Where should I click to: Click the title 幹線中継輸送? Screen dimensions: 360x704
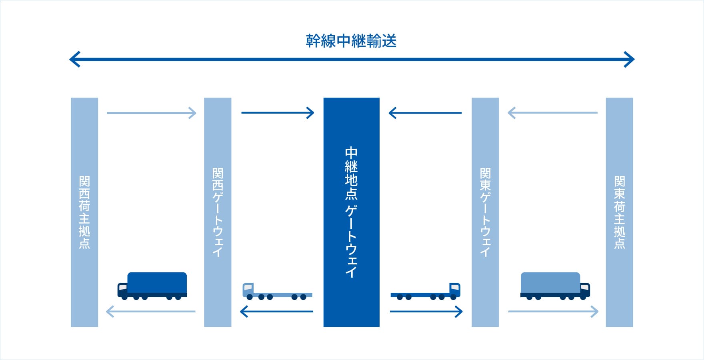351,41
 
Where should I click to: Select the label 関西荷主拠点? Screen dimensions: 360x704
84,212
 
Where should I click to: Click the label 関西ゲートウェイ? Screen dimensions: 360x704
218,212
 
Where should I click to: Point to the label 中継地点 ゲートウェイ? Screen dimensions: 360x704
351,212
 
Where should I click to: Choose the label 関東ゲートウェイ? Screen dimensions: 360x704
485,212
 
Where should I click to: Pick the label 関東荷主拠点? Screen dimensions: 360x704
619,212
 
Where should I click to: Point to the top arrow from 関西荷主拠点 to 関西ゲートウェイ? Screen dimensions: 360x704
151,113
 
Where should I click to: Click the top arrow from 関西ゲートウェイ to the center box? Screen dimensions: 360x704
278,113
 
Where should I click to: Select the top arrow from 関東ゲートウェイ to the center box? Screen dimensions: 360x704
425,113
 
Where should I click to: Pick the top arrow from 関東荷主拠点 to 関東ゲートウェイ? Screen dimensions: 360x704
552,113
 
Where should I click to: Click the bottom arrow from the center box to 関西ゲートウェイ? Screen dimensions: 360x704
276,311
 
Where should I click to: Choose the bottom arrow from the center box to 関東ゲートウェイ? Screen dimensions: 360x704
426,311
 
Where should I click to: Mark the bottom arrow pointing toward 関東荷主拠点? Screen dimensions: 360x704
553,311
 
